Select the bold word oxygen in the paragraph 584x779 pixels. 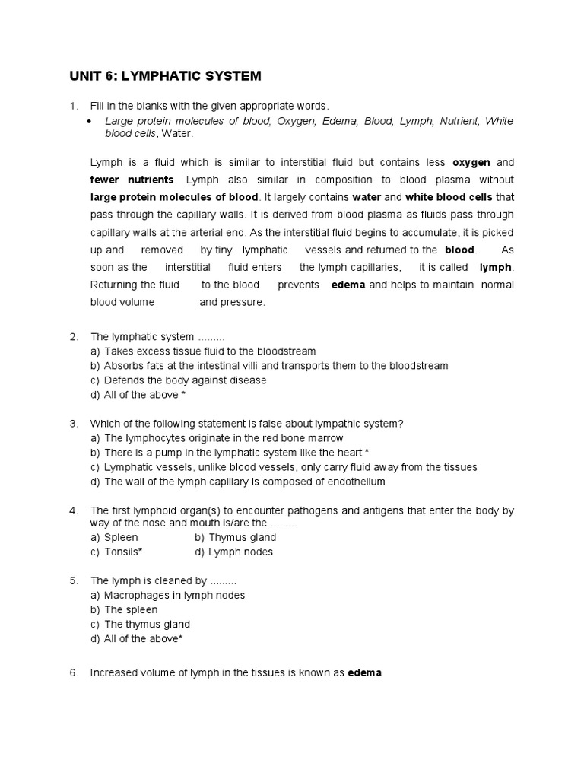(x=471, y=162)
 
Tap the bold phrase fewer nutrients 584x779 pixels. (x=132, y=180)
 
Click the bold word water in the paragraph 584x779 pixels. (x=367, y=197)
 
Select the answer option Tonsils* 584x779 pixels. (x=116, y=552)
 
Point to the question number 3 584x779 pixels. (x=74, y=423)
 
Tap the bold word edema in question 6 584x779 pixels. (x=363, y=672)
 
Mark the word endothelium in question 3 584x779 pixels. (x=357, y=482)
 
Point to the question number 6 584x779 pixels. (x=74, y=672)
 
